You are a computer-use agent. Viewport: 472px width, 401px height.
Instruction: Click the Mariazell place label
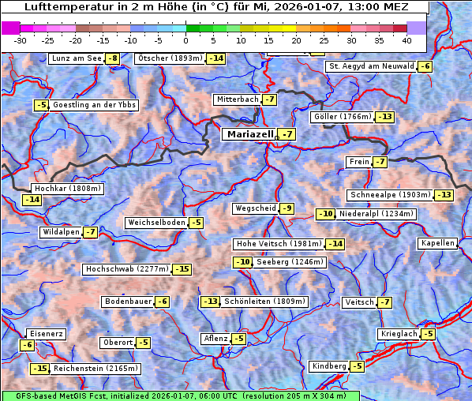coord(249,134)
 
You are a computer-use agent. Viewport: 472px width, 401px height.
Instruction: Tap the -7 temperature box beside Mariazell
coord(287,135)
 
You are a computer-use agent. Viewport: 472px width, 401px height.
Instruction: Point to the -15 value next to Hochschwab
coord(182,269)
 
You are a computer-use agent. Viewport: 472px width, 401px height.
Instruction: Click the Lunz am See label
coord(77,58)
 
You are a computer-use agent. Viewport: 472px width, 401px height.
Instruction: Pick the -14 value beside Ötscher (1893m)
coord(216,58)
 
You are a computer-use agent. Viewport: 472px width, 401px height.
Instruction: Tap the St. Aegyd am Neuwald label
coord(371,66)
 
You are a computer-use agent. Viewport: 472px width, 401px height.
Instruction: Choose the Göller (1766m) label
coord(342,117)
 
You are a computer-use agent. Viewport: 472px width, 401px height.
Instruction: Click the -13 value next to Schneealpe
coord(444,195)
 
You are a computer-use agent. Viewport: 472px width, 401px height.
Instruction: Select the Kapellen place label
coord(438,243)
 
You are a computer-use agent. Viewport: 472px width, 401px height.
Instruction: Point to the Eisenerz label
coord(46,334)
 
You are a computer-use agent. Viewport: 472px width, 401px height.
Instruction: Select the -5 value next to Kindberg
coord(357,366)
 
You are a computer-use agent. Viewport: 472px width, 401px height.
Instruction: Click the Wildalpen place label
coord(61,232)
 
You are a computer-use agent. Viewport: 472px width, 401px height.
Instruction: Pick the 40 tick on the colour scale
coord(406,39)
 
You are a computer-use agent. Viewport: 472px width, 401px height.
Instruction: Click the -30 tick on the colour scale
coord(21,39)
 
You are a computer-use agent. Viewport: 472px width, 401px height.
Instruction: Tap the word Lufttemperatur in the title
coord(60,6)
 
